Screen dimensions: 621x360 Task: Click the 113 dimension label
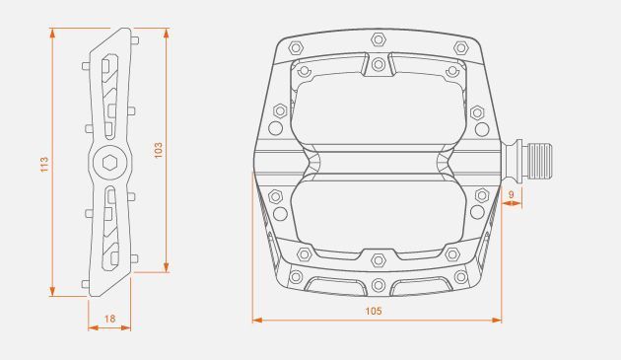tap(44, 164)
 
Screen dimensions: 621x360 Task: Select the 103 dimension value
tap(158, 150)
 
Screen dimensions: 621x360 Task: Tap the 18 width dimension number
tap(109, 319)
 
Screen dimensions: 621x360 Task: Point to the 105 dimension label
tap(373, 311)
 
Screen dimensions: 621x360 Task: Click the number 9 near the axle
tap(511, 194)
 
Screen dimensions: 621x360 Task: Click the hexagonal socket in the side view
tap(110, 163)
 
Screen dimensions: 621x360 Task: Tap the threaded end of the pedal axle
tap(540, 162)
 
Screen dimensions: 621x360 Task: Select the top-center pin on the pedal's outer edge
tap(379, 39)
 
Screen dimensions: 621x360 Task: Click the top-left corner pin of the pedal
tap(296, 47)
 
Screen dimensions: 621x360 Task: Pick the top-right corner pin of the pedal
tap(461, 48)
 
